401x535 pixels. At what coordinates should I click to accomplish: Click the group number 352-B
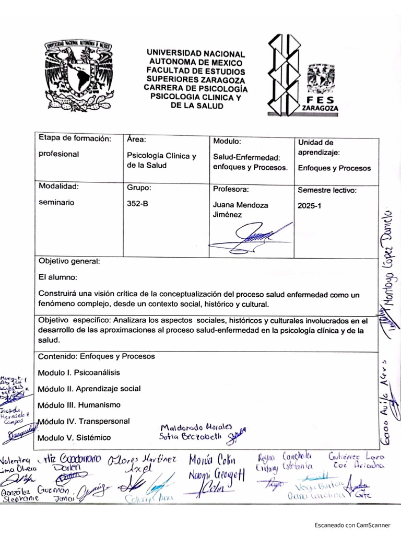point(138,205)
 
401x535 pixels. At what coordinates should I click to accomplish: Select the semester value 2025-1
point(310,206)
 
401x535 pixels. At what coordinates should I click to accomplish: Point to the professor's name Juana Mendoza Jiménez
point(241,210)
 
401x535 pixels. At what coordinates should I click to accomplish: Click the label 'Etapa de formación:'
point(75,138)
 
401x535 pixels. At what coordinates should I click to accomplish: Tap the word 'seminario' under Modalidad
point(56,202)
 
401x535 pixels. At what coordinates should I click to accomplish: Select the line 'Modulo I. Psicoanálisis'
point(79,373)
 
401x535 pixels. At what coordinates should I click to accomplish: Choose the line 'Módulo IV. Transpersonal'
point(84,421)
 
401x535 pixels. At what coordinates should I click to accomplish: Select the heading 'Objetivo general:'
point(69,261)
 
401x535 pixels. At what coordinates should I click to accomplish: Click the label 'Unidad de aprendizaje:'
point(319,147)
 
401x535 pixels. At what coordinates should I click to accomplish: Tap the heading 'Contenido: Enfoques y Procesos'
point(97,356)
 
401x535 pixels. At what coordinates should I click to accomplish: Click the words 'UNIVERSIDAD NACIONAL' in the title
point(195,53)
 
